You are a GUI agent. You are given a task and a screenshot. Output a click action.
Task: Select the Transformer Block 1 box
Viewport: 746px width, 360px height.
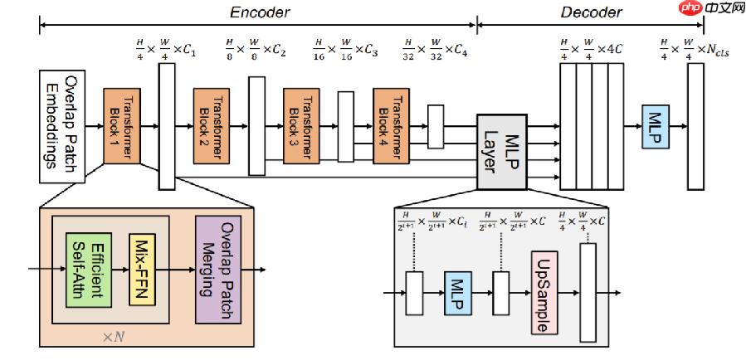tap(122, 126)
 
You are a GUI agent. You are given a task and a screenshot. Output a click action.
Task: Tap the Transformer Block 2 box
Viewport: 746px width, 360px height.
tap(212, 126)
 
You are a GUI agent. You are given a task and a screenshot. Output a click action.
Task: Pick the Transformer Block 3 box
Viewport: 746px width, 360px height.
tap(301, 126)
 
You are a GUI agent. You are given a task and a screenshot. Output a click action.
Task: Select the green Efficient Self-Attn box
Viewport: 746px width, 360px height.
tap(88, 270)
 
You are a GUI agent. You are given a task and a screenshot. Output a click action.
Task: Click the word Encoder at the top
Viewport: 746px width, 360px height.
tap(260, 12)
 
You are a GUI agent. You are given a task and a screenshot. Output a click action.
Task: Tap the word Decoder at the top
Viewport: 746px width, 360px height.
tap(591, 12)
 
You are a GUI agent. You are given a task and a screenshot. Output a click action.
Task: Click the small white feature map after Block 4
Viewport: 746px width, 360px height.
tap(436, 126)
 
